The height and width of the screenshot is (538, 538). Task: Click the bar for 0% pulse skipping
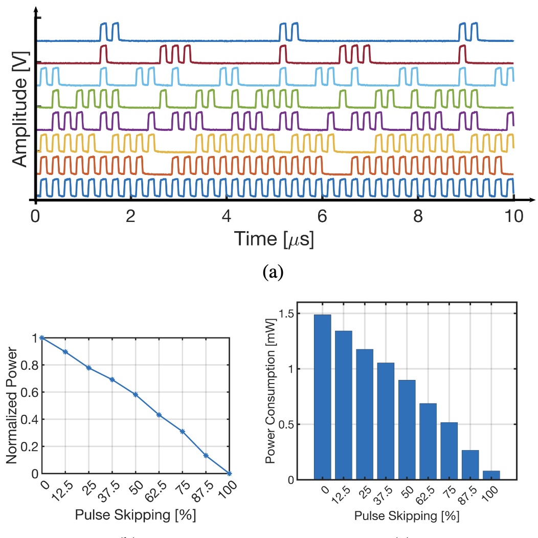click(322, 397)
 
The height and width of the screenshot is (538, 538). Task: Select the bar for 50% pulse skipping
click(407, 430)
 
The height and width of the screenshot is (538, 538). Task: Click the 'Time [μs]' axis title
click(274, 238)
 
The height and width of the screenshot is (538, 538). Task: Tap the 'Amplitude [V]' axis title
click(19, 113)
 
